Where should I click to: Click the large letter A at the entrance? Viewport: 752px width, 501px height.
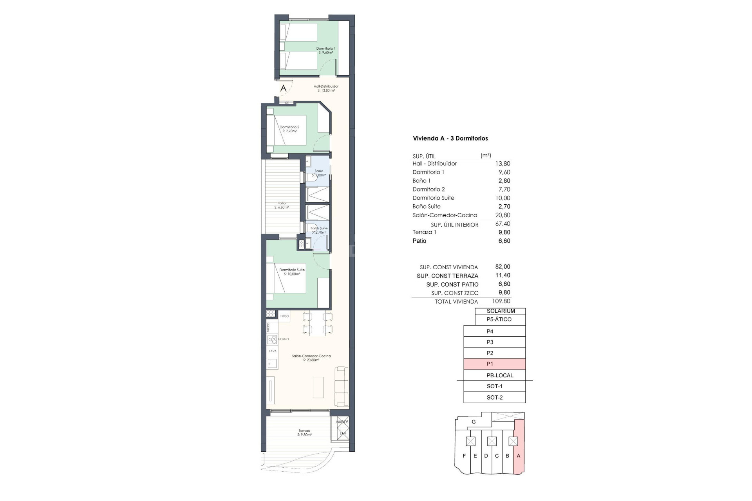point(283,88)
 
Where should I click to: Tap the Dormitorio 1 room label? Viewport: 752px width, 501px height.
point(325,50)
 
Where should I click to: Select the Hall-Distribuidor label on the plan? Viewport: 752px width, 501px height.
point(326,88)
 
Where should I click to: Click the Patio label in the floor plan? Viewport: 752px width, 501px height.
point(281,205)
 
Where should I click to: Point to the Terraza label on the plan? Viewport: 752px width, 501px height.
point(304,433)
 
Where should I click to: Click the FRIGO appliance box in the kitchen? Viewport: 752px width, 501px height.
point(284,316)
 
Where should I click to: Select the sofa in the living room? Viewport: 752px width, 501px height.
point(342,386)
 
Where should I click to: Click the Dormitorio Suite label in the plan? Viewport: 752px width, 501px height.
point(292,272)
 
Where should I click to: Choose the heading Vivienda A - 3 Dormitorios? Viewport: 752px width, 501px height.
point(450,139)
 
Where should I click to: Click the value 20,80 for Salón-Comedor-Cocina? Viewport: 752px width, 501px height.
point(503,215)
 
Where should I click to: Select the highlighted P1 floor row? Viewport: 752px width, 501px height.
point(494,364)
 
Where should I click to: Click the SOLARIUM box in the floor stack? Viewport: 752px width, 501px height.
point(500,311)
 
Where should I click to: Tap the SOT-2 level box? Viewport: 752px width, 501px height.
point(494,398)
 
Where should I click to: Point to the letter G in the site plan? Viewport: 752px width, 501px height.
point(474,422)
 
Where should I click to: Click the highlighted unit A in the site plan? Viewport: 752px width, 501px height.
point(519,454)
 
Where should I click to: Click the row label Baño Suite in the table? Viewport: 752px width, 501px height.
point(426,207)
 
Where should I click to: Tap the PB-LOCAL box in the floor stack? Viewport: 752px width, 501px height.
point(499,375)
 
